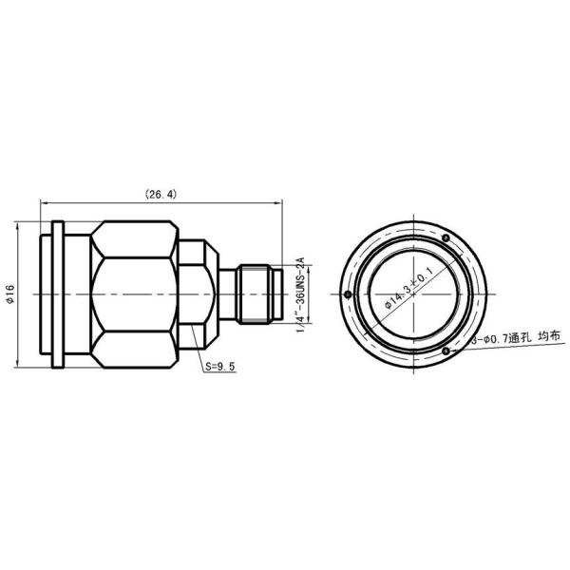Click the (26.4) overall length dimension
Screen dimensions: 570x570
pos(161,194)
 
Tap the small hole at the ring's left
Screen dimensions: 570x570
pos(350,294)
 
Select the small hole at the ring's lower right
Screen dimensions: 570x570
pos(446,351)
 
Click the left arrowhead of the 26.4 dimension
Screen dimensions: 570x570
pos(43,202)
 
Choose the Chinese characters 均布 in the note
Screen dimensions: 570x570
pos(549,337)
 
